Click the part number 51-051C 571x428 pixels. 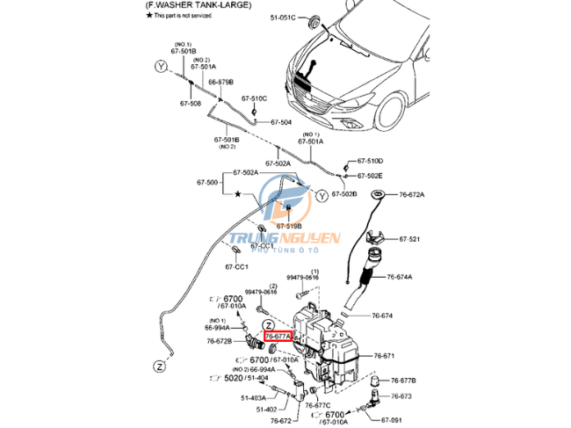pyautogui.click(x=282, y=18)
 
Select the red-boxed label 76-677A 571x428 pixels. pyautogui.click(x=279, y=336)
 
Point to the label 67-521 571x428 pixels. pyautogui.click(x=409, y=239)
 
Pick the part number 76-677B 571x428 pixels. pyautogui.click(x=401, y=381)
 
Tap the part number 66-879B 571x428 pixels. pyautogui.click(x=220, y=82)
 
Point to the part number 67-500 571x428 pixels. pyautogui.click(x=206, y=182)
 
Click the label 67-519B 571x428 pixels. pyautogui.click(x=289, y=226)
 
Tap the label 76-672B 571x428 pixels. pyautogui.click(x=219, y=341)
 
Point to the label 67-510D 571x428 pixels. pyautogui.click(x=372, y=161)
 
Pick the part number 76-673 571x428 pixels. pyautogui.click(x=400, y=396)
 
